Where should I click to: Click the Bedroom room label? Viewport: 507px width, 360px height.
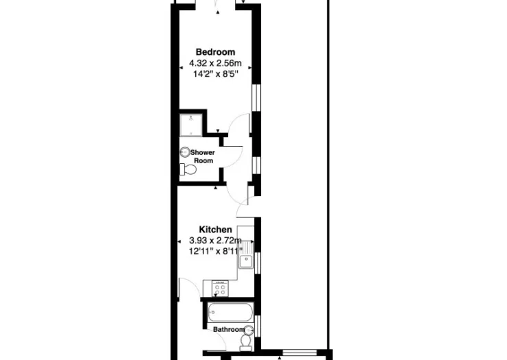coord(215,52)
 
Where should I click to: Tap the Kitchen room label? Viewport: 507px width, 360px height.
coord(215,230)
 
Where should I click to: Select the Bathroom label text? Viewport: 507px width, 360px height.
coord(229,330)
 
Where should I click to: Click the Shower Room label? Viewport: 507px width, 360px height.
coord(203,156)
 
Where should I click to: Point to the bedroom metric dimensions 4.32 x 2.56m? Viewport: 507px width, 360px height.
coord(215,63)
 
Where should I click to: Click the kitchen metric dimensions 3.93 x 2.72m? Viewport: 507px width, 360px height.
coord(215,241)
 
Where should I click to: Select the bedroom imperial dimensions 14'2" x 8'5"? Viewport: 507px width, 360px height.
coord(215,74)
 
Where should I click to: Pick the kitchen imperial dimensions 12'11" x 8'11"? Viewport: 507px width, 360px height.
coord(216,251)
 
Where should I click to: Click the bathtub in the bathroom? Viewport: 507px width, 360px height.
coord(230,312)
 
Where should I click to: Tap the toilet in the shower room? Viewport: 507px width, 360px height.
coord(188,169)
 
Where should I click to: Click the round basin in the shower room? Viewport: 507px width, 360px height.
coord(185,152)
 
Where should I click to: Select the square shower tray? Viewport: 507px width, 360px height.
coord(191,125)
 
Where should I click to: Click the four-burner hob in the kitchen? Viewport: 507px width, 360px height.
coord(220,289)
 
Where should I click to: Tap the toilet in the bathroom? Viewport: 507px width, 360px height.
coord(246,343)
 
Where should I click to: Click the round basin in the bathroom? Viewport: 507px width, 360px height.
coord(249,330)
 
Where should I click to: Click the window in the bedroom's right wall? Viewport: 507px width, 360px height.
coord(256,98)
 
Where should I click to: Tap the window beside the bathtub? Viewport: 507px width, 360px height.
coord(258,326)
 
